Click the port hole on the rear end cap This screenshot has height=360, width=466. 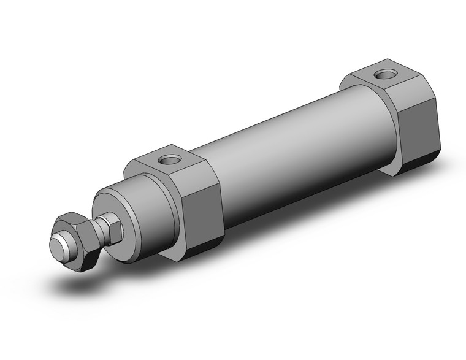coord(386,75)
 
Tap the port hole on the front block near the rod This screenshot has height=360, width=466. coord(167,161)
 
